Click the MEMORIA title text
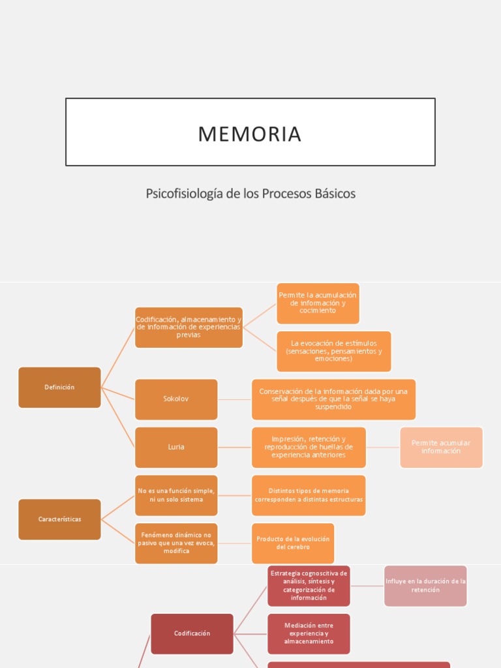coord(250,134)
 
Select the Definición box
coord(59,387)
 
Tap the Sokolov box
coord(176,399)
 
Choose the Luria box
coord(176,447)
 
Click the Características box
coord(59,519)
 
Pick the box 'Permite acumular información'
coord(441,447)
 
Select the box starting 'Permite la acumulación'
coord(318,303)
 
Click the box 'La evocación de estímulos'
coord(334,351)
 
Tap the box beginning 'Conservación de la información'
coord(333,399)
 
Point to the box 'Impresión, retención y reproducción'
coord(309,447)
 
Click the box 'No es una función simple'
coord(176,495)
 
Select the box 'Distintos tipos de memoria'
coord(309,495)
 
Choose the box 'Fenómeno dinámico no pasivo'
coord(176,543)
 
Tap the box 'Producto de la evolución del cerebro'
coord(293,543)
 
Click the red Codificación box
coord(192,633)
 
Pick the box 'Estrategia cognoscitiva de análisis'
coord(309,586)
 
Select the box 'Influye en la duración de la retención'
coord(425,586)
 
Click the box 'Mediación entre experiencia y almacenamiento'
coord(309,633)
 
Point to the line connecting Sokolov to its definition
coord(235,399)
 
